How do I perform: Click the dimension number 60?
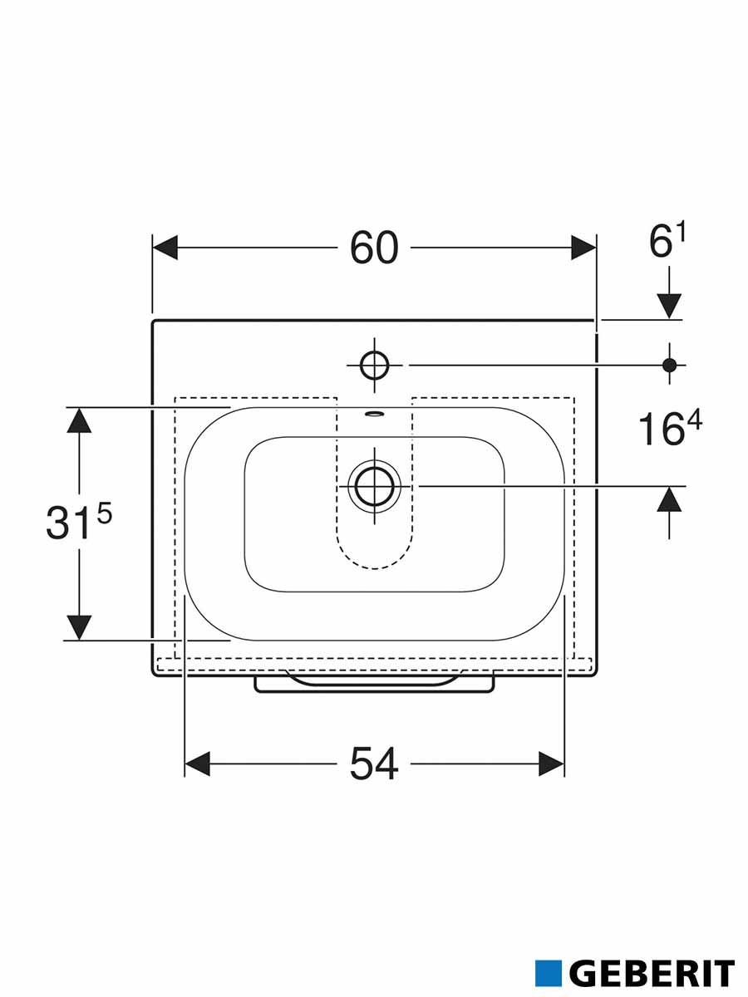(374, 248)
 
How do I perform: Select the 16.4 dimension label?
(670, 427)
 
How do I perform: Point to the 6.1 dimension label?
(667, 241)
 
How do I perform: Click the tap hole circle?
(374, 365)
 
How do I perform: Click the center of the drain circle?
(374, 487)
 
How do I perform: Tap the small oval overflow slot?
(374, 413)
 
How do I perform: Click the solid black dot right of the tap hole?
(669, 365)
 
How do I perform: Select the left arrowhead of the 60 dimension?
(165, 248)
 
